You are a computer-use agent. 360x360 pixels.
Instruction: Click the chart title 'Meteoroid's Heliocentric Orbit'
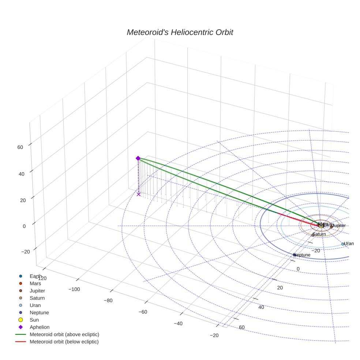[x=180, y=32]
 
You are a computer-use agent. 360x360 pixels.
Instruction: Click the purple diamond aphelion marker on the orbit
[x=138, y=158]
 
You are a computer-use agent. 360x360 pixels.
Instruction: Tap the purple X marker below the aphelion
[x=138, y=194]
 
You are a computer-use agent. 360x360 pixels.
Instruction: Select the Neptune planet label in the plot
[x=303, y=255]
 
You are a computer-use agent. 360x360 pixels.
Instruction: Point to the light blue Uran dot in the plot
[x=343, y=244]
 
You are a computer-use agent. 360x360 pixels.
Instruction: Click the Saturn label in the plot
[x=319, y=234]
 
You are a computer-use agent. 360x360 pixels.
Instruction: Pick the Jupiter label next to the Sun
[x=338, y=226]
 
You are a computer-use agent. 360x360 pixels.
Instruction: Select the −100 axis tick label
[x=74, y=289]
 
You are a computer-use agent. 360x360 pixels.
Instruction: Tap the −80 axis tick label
[x=108, y=301]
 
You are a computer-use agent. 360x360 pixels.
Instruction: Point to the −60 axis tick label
[x=143, y=312]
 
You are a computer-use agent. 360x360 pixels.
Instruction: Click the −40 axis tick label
[x=178, y=324]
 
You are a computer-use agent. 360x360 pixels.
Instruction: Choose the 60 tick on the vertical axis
[x=20, y=147]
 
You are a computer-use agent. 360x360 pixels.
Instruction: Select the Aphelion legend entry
[x=39, y=327]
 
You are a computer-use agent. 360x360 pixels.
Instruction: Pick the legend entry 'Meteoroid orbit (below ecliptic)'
[x=64, y=342]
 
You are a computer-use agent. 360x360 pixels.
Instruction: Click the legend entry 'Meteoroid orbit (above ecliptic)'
[x=64, y=334]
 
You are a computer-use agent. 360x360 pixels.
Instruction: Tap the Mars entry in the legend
[x=35, y=283]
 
